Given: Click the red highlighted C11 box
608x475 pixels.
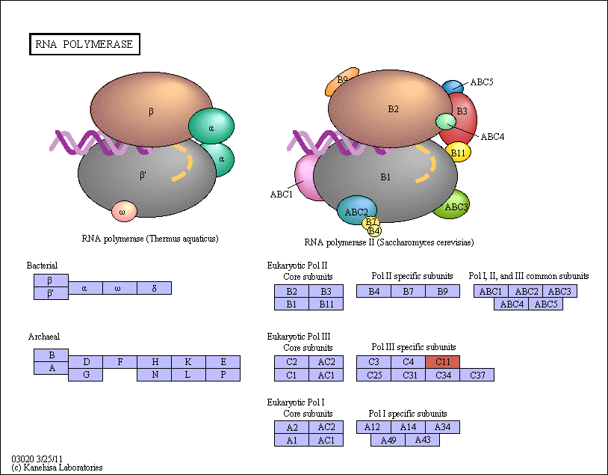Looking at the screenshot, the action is pos(442,361).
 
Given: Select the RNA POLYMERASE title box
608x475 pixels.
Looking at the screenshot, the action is pos(84,44).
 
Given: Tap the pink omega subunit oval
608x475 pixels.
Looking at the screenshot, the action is pos(124,212).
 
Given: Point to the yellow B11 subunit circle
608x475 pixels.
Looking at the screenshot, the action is pos(458,153).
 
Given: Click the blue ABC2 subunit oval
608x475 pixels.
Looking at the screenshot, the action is pos(356,211).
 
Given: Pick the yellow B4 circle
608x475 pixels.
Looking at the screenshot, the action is pos(374,231).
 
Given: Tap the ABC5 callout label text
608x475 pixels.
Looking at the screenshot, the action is pos(482,82).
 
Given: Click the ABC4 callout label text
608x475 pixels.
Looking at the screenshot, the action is pos(492,137).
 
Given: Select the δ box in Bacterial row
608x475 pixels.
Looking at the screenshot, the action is pos(154,288).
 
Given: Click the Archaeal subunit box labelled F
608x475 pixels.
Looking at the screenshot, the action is pos(120,361).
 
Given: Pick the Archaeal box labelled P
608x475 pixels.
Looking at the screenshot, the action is pos(223,375).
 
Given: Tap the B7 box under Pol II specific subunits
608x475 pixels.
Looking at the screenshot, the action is pos(408,291).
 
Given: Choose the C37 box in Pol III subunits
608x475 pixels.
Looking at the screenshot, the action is pos(477,375).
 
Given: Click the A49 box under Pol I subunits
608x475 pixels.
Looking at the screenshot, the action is pos(388,440).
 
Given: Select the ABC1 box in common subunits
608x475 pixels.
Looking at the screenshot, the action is pos(491,291).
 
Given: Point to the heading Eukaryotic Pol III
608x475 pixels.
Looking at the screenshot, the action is pos(299,337).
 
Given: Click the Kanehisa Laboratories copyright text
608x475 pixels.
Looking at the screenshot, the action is pos(57,468).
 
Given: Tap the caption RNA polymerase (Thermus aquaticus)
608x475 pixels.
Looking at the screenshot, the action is pos(150,239).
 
